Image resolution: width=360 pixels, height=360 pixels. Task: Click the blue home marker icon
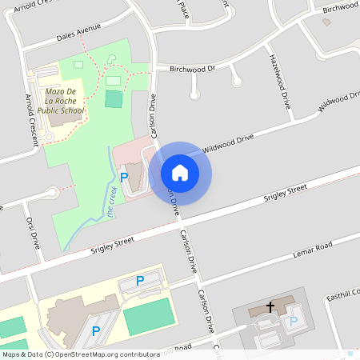(180, 173)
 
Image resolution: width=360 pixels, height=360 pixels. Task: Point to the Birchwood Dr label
(193, 69)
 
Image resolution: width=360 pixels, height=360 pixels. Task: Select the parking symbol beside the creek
(124, 176)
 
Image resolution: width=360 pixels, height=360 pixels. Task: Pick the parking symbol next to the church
(293, 322)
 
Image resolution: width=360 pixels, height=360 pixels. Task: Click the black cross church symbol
(270, 306)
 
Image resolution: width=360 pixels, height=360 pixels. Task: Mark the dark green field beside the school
(114, 99)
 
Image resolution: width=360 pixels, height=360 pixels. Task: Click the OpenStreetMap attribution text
(80, 354)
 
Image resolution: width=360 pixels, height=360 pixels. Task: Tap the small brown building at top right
(326, 22)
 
